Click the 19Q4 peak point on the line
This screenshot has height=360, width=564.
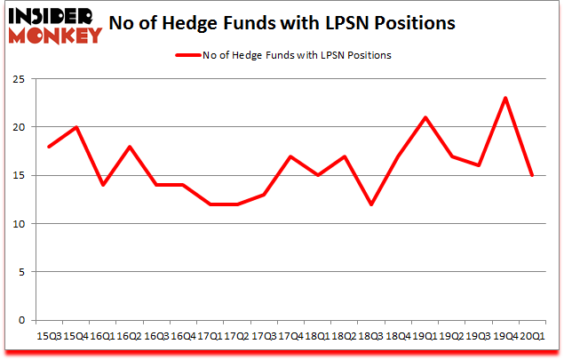(x=505, y=98)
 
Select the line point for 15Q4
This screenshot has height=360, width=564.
(x=77, y=127)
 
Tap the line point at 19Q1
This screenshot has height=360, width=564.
(x=426, y=117)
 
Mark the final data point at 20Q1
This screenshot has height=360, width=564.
(x=532, y=175)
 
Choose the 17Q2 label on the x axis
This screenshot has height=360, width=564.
(x=235, y=337)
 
